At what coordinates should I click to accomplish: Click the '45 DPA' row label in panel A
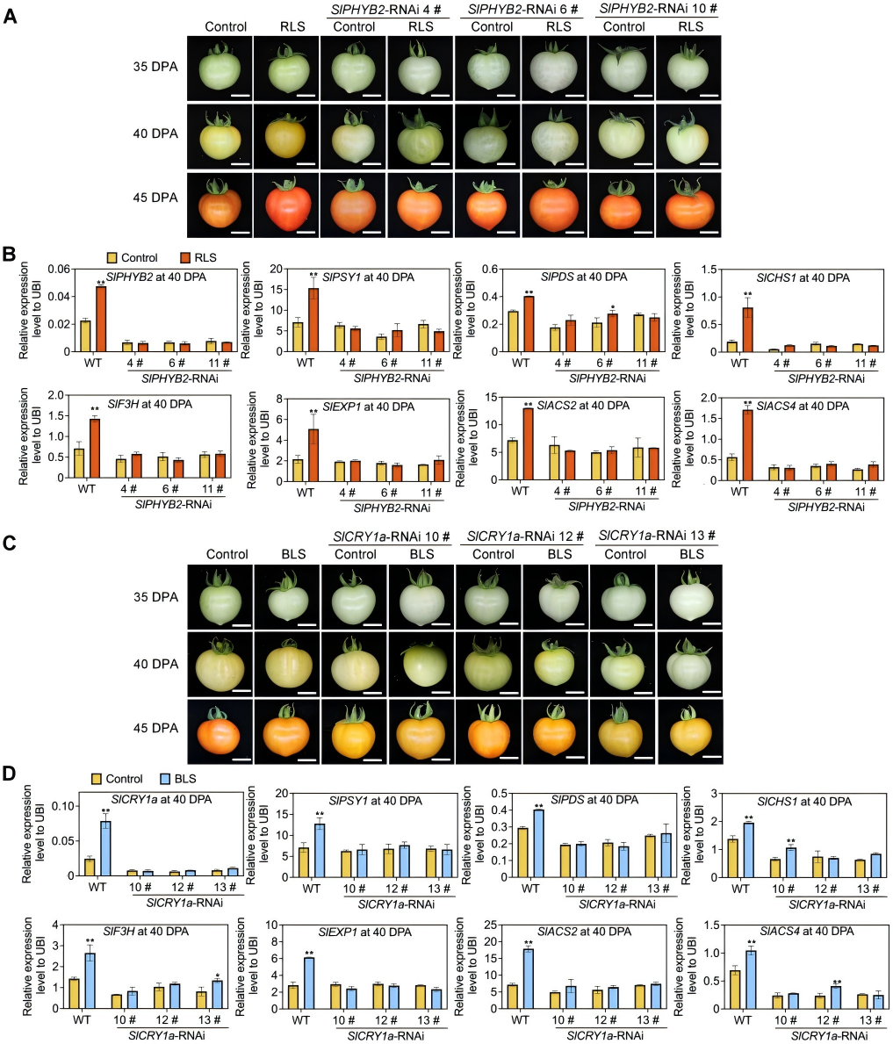click(x=153, y=198)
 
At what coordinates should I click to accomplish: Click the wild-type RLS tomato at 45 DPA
click(x=286, y=204)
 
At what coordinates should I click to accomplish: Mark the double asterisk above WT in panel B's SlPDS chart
click(x=525, y=292)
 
